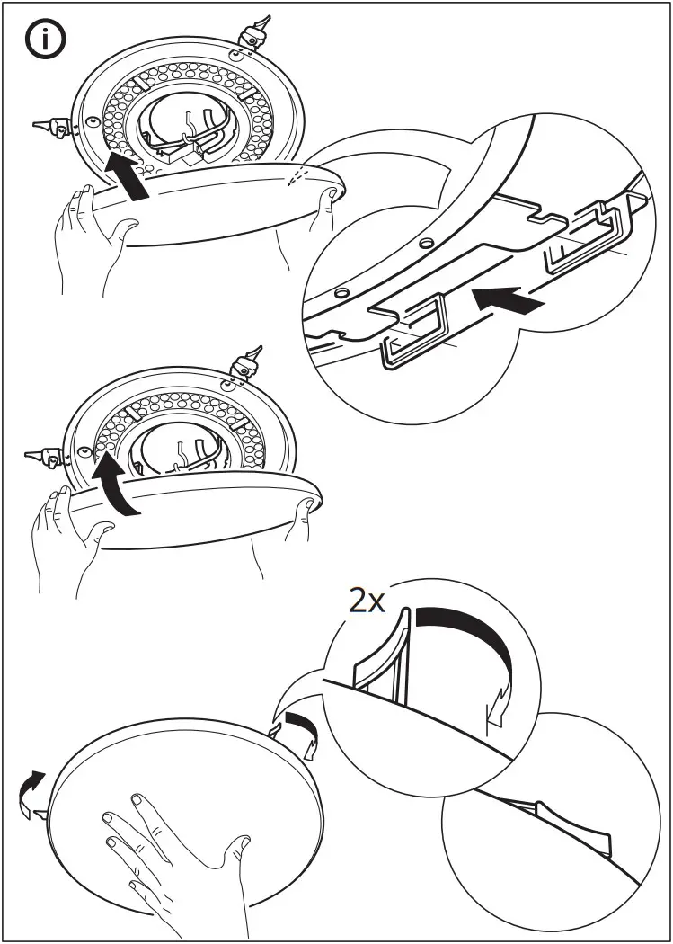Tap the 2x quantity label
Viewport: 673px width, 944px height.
(x=367, y=601)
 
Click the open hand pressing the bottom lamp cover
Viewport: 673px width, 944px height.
(x=171, y=854)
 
